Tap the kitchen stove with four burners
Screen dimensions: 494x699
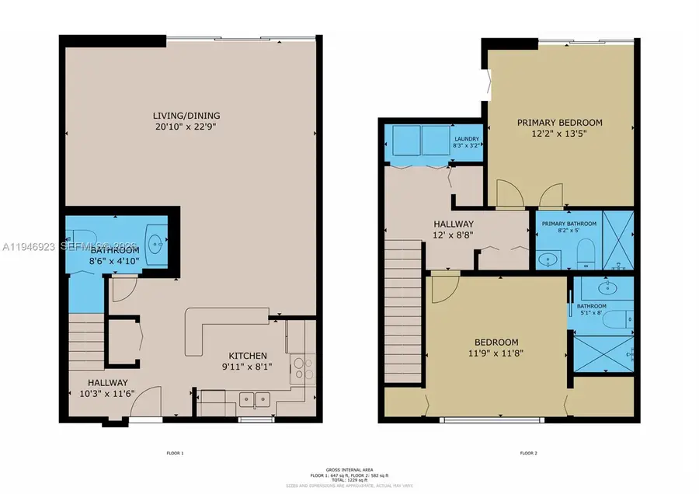302,366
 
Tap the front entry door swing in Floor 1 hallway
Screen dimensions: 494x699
152,402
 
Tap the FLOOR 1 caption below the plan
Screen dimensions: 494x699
174,453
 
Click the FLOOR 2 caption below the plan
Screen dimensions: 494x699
528,453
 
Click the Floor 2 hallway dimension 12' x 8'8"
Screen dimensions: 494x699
455,234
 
